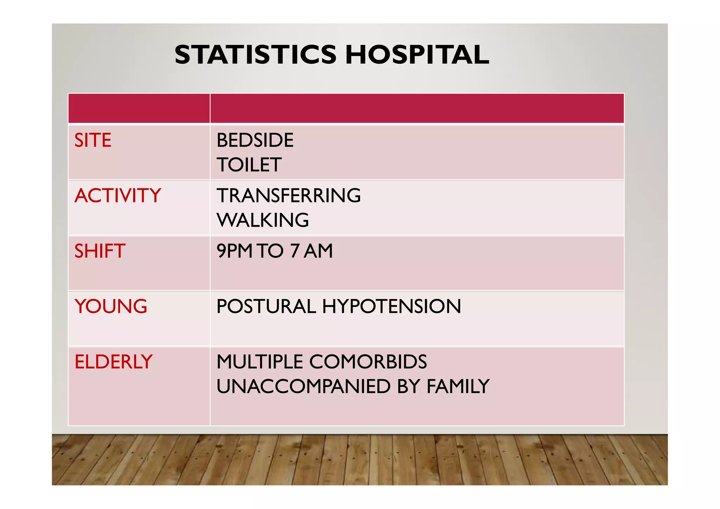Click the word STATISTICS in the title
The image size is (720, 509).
[255, 55]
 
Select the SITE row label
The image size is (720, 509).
[93, 140]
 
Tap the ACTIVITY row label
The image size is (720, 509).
[118, 195]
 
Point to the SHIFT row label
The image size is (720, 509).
[100, 251]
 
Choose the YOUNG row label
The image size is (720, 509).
[111, 306]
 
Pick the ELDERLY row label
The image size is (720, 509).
[114, 362]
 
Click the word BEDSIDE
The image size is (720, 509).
[255, 140]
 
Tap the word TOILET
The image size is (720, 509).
[249, 165]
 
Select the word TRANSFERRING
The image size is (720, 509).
[289, 195]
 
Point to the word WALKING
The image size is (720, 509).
[263, 220]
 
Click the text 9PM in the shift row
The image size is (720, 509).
[234, 251]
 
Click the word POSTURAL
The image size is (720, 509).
[266, 306]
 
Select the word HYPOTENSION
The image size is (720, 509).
[391, 306]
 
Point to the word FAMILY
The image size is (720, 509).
[458, 386]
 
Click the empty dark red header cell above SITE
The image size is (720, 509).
[139, 108]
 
